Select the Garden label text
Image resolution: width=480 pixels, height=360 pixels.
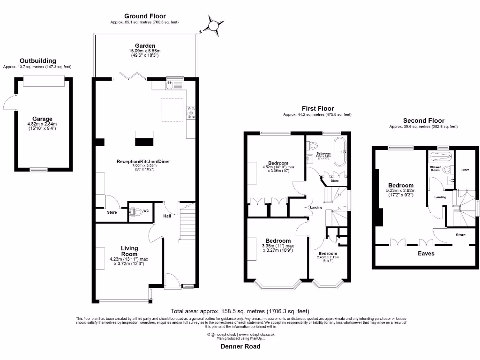[145, 46]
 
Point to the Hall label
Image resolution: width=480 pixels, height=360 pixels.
[167, 216]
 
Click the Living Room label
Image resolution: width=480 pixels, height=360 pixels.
[129, 251]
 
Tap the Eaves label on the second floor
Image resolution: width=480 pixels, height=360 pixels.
[426, 253]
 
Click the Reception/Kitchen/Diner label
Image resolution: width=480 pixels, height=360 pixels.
[143, 162]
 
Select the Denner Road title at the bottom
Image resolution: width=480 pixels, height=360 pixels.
[240, 346]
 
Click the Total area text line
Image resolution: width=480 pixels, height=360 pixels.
[240, 311]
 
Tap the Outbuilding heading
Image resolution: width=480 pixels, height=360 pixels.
[38, 61]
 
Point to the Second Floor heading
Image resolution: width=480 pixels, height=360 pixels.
[423, 120]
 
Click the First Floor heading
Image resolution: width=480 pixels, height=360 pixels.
[317, 109]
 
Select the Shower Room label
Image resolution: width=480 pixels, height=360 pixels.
[435, 169]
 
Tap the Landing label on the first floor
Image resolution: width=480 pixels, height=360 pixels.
[315, 208]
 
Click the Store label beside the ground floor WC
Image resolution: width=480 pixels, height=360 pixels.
[112, 212]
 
